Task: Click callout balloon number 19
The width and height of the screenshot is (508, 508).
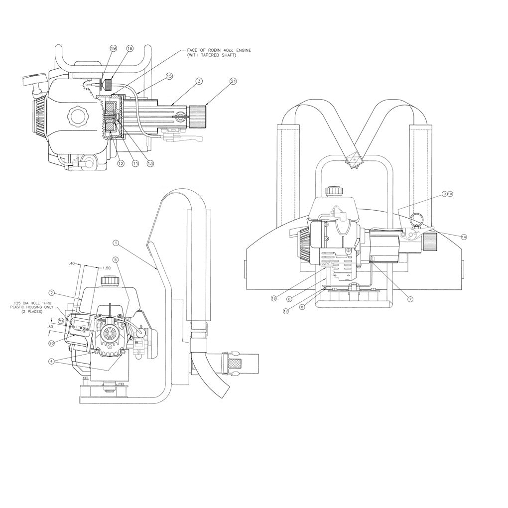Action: tap(113, 48)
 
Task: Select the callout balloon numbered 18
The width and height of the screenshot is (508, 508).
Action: tap(130, 48)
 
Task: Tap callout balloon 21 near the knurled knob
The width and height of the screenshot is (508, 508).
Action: tap(233, 81)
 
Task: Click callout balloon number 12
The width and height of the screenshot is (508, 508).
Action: tap(120, 163)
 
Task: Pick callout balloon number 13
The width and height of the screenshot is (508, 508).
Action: tap(150, 163)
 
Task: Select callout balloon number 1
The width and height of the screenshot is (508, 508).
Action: tap(116, 244)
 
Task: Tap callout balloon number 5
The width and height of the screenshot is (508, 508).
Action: tap(116, 259)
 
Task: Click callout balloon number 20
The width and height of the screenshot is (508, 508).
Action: tap(52, 343)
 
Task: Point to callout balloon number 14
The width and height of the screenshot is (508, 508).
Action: tap(464, 237)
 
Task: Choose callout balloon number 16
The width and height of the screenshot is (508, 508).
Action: tap(273, 298)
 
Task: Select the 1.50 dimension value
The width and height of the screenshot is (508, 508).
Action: tap(106, 268)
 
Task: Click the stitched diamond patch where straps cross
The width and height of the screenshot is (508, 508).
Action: tap(355, 161)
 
